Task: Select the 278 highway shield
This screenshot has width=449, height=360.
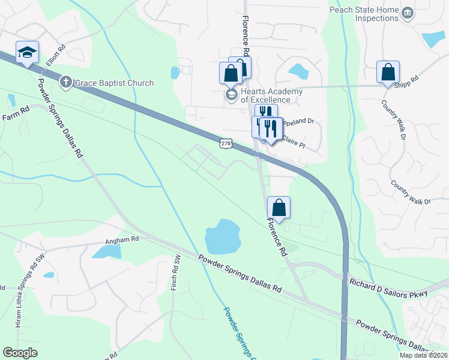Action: pyautogui.click(x=226, y=144)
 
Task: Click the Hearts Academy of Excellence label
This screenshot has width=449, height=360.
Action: pyautogui.click(x=263, y=95)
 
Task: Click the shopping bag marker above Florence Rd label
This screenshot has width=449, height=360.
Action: pyautogui.click(x=279, y=208)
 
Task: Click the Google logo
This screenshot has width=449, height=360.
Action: pyautogui.click(x=20, y=353)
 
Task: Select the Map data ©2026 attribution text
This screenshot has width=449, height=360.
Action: pyautogui.click(x=423, y=355)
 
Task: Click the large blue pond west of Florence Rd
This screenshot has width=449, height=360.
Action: pyautogui.click(x=222, y=236)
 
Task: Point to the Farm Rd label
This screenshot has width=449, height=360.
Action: pyautogui.click(x=16, y=111)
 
